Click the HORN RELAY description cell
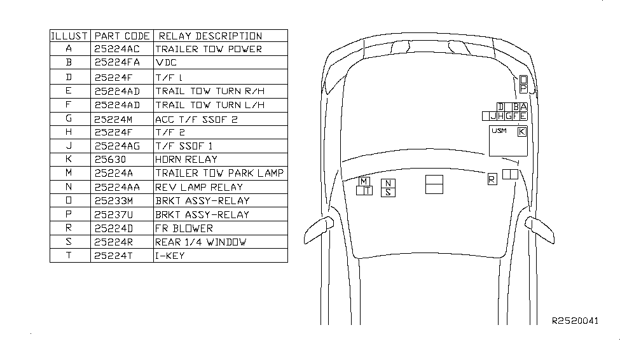186,160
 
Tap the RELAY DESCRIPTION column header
210,36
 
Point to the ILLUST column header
69,36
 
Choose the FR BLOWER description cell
184,228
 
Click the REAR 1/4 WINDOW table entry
200,242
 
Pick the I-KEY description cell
170,256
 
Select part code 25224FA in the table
116,63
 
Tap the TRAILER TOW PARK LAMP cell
219,173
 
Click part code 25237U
116,214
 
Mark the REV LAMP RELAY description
198,187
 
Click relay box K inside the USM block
522,132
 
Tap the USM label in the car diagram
499,131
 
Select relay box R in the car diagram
492,180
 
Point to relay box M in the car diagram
364,181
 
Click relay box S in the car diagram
388,193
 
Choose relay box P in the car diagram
523,88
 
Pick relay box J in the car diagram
493,116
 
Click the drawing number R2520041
575,321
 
